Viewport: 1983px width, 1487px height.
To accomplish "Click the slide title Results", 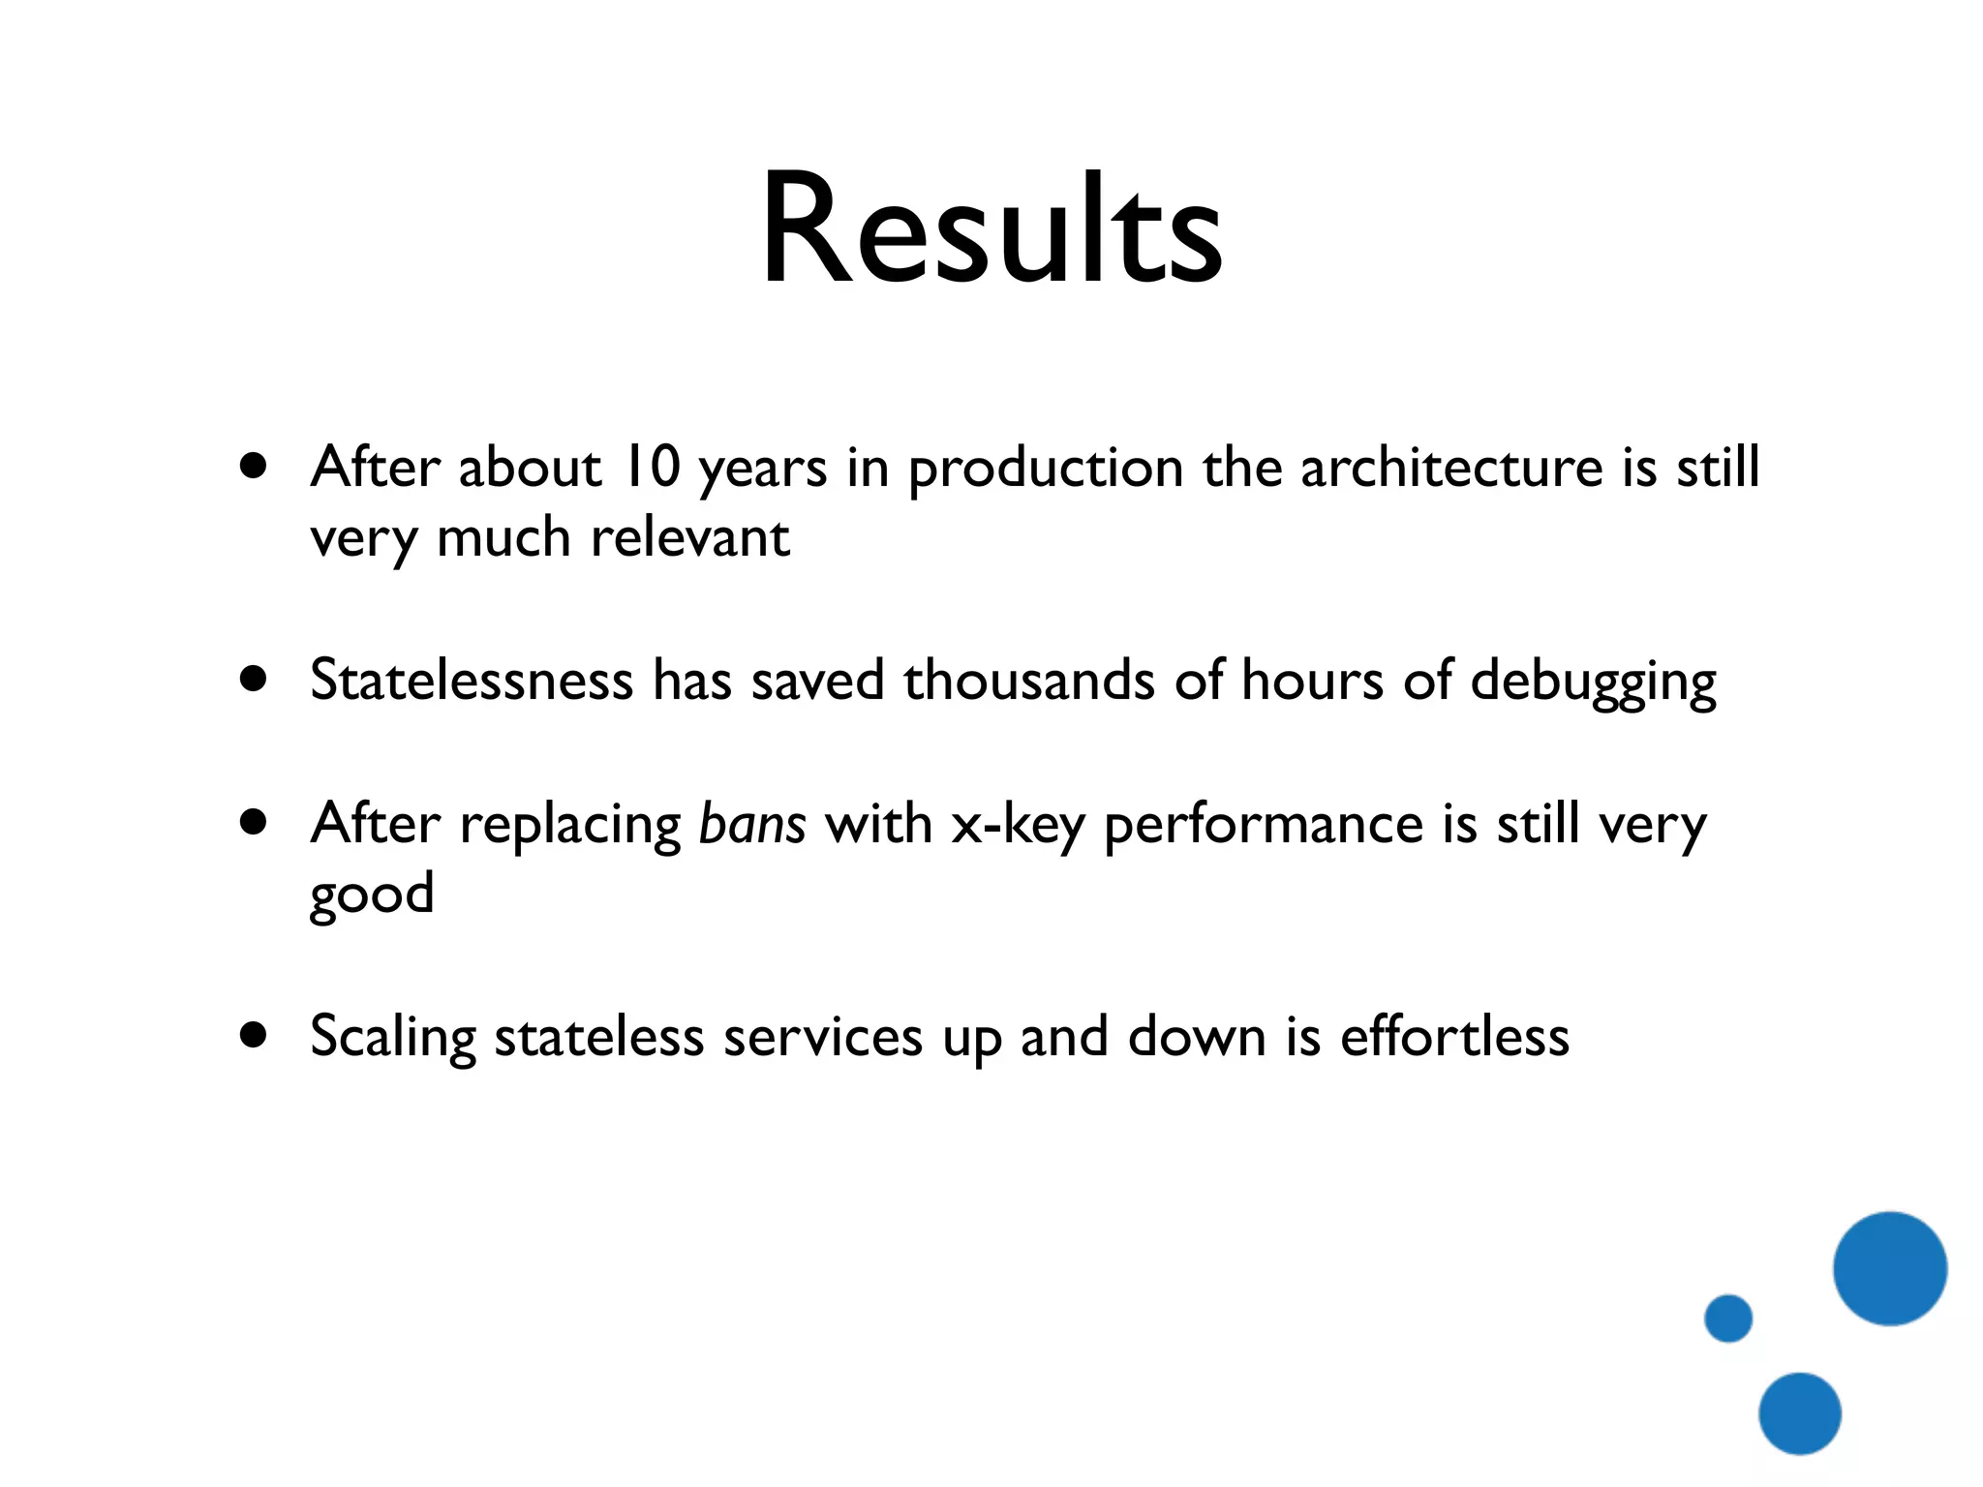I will [x=991, y=230].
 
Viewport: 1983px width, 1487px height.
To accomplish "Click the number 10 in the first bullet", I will [x=651, y=468].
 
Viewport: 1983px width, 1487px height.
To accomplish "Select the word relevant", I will [x=690, y=538].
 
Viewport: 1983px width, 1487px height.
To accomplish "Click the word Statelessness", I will [x=472, y=680].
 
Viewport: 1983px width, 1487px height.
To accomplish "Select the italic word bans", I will [x=752, y=825].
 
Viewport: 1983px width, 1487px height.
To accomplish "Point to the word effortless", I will [x=1454, y=1036].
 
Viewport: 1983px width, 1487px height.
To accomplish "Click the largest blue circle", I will [x=1889, y=1268].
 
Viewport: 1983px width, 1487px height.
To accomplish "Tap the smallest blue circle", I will [x=1728, y=1318].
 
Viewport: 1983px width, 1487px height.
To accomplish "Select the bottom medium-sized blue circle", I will [x=1800, y=1413].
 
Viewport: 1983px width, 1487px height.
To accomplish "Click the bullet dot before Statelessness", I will [x=254, y=680].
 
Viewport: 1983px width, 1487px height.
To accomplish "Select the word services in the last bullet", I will [x=823, y=1037].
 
